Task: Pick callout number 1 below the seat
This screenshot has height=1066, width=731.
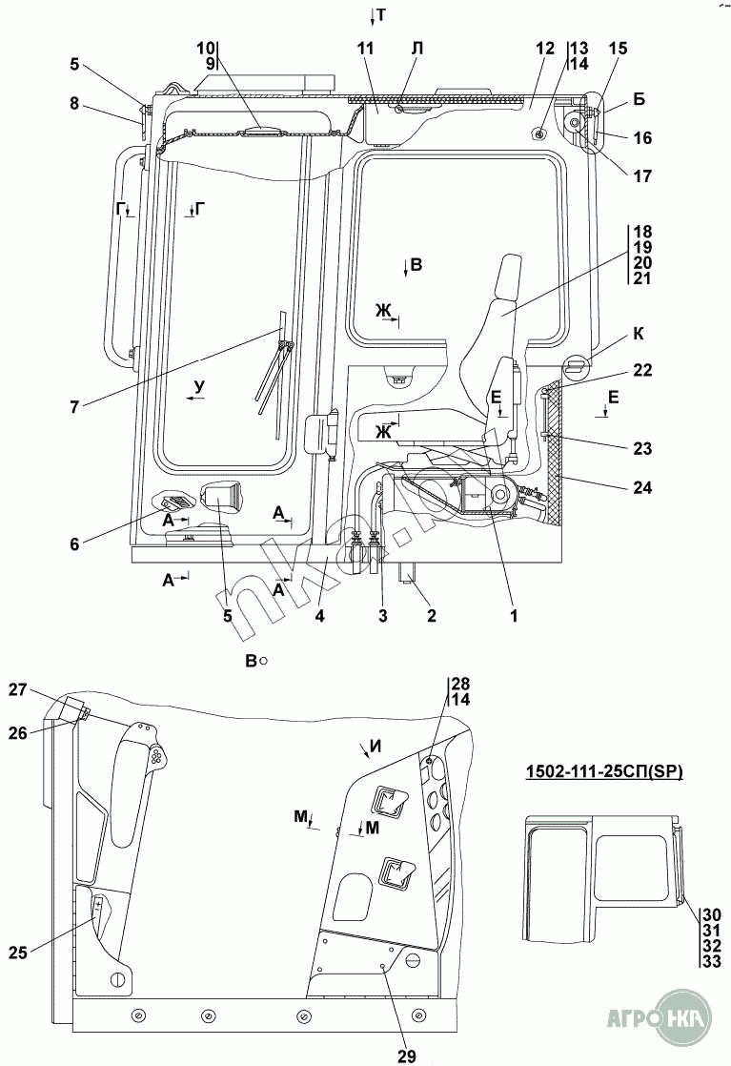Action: [514, 616]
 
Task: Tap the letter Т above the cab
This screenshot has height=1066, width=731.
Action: [379, 14]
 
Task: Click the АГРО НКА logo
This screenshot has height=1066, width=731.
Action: [664, 1032]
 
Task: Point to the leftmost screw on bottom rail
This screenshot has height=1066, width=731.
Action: [138, 1013]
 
